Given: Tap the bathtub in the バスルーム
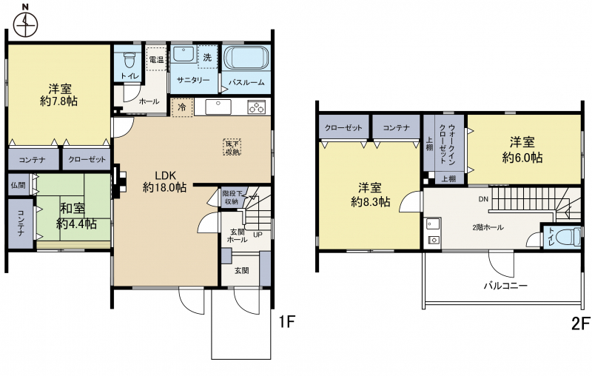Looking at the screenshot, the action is click(246, 58).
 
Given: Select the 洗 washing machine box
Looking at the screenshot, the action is click(207, 57).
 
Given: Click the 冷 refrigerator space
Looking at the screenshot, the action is click(182, 107).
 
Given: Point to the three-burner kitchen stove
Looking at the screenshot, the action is click(257, 107).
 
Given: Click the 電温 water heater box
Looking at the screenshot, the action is click(156, 59).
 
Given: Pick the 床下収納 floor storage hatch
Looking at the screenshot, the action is click(232, 147).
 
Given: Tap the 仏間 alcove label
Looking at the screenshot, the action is click(18, 185).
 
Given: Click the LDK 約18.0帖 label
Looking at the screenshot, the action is click(164, 181).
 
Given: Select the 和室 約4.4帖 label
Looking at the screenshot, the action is click(77, 216).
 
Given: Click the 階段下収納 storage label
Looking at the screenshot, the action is click(230, 197).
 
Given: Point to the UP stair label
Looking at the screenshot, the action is click(258, 235).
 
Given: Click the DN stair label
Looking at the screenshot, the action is click(483, 199).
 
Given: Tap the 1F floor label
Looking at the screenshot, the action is click(286, 322).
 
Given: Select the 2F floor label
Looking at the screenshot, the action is click(581, 323).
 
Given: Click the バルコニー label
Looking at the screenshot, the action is click(505, 286).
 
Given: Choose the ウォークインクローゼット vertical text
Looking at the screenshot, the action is click(448, 144).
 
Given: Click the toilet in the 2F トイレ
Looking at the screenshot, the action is click(570, 237).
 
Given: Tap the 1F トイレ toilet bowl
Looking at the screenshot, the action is click(129, 58).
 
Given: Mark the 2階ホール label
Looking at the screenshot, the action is click(488, 227).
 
